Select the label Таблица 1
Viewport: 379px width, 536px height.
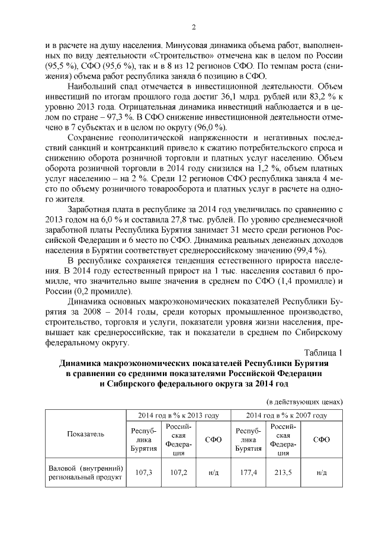pyautogui.click(x=323, y=354)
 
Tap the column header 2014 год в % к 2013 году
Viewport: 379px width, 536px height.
pyautogui.click(x=178, y=416)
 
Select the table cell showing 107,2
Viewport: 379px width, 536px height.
pyautogui.click(x=178, y=473)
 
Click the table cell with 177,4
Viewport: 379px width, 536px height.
pyautogui.click(x=249, y=473)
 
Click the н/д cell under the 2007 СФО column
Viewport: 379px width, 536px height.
pyautogui.click(x=322, y=473)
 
